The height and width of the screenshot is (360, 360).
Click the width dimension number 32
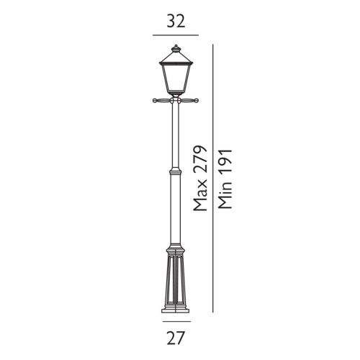pyautogui.click(x=176, y=21)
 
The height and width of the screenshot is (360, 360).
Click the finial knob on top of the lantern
pyautogui.click(x=175, y=48)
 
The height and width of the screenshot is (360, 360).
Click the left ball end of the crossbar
pyautogui.click(x=154, y=101)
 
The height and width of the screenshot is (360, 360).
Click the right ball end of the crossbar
pyautogui.click(x=196, y=101)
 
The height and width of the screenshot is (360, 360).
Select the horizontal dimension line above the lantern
pyautogui.click(x=175, y=35)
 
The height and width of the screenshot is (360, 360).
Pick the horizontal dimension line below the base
pyautogui.click(x=175, y=319)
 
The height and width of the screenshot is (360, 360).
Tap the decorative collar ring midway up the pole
pyautogui.click(x=175, y=173)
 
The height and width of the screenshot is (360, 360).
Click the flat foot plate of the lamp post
pyautogui.click(x=175, y=309)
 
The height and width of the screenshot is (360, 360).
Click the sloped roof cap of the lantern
pyautogui.click(x=175, y=57)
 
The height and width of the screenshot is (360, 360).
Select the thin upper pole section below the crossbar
pyautogui.click(x=175, y=137)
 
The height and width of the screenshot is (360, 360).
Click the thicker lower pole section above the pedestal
pyautogui.click(x=175, y=212)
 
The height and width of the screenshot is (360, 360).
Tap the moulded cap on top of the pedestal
pyautogui.click(x=175, y=252)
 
